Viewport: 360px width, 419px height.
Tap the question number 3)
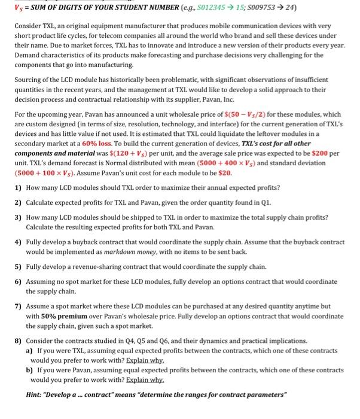point(18,218)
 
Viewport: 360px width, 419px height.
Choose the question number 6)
point(18,282)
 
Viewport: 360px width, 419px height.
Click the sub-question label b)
point(29,370)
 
